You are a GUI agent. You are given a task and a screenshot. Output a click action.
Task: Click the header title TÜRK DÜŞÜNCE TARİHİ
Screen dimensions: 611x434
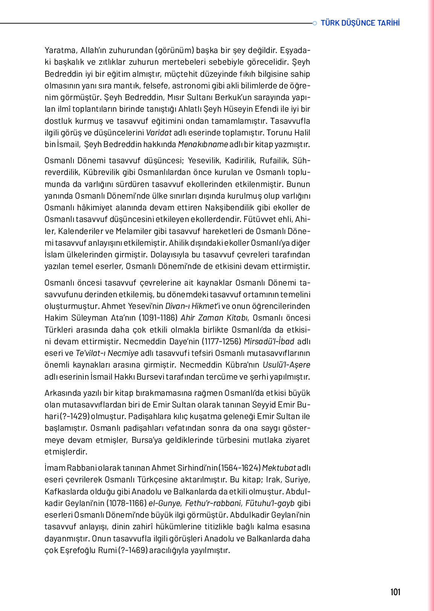(360, 23)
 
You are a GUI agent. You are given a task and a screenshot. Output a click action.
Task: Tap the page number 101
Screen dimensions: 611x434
(395, 592)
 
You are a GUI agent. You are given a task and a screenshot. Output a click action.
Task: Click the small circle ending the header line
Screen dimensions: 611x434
(315, 23)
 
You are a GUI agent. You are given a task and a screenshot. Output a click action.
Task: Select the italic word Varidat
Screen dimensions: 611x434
(159, 132)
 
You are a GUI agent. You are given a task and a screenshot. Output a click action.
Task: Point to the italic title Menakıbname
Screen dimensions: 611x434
(203, 144)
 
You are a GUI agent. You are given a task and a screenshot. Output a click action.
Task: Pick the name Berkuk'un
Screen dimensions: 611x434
(233, 97)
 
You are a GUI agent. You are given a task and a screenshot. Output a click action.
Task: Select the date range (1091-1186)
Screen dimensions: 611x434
(158, 318)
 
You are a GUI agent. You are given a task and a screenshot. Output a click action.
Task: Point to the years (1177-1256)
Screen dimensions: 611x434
(222, 341)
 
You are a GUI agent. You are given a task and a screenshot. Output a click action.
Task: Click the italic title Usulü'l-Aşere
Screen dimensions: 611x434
(286, 365)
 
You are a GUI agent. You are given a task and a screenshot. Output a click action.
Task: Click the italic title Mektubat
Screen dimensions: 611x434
(279, 468)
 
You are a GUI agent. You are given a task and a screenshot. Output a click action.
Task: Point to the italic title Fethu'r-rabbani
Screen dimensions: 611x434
(213, 503)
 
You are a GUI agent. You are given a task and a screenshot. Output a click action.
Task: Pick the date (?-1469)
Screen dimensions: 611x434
(133, 550)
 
